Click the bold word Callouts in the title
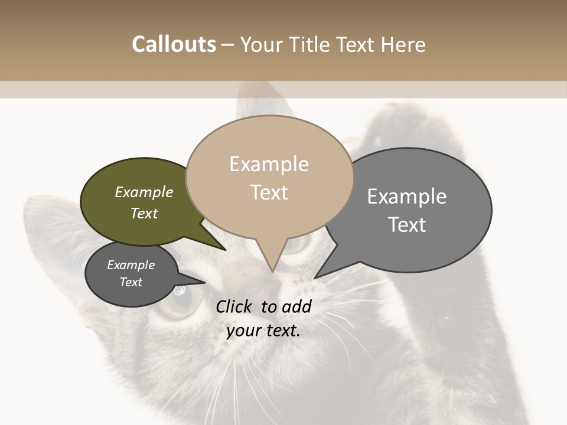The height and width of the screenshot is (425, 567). click(x=174, y=44)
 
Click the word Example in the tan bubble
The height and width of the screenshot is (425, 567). click(x=269, y=164)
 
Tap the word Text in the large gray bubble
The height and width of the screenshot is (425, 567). click(x=407, y=225)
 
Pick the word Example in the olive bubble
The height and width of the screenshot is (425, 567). click(x=144, y=192)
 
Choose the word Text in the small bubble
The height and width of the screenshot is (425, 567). click(x=131, y=282)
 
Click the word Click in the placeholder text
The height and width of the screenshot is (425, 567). click(x=235, y=306)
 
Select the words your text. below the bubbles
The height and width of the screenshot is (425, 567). click(x=263, y=331)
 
